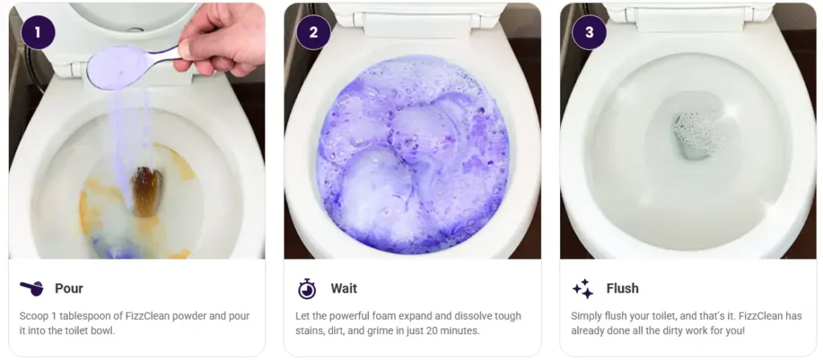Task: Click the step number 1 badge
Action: [x=38, y=33]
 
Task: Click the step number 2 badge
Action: [x=313, y=33]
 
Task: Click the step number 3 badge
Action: [x=589, y=33]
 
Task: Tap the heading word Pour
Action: [x=68, y=288]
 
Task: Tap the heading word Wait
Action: [x=343, y=288]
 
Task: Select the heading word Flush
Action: [x=622, y=288]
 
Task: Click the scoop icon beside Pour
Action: [x=31, y=288]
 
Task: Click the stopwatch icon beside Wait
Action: [x=307, y=288]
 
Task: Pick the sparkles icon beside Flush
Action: [x=583, y=288]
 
